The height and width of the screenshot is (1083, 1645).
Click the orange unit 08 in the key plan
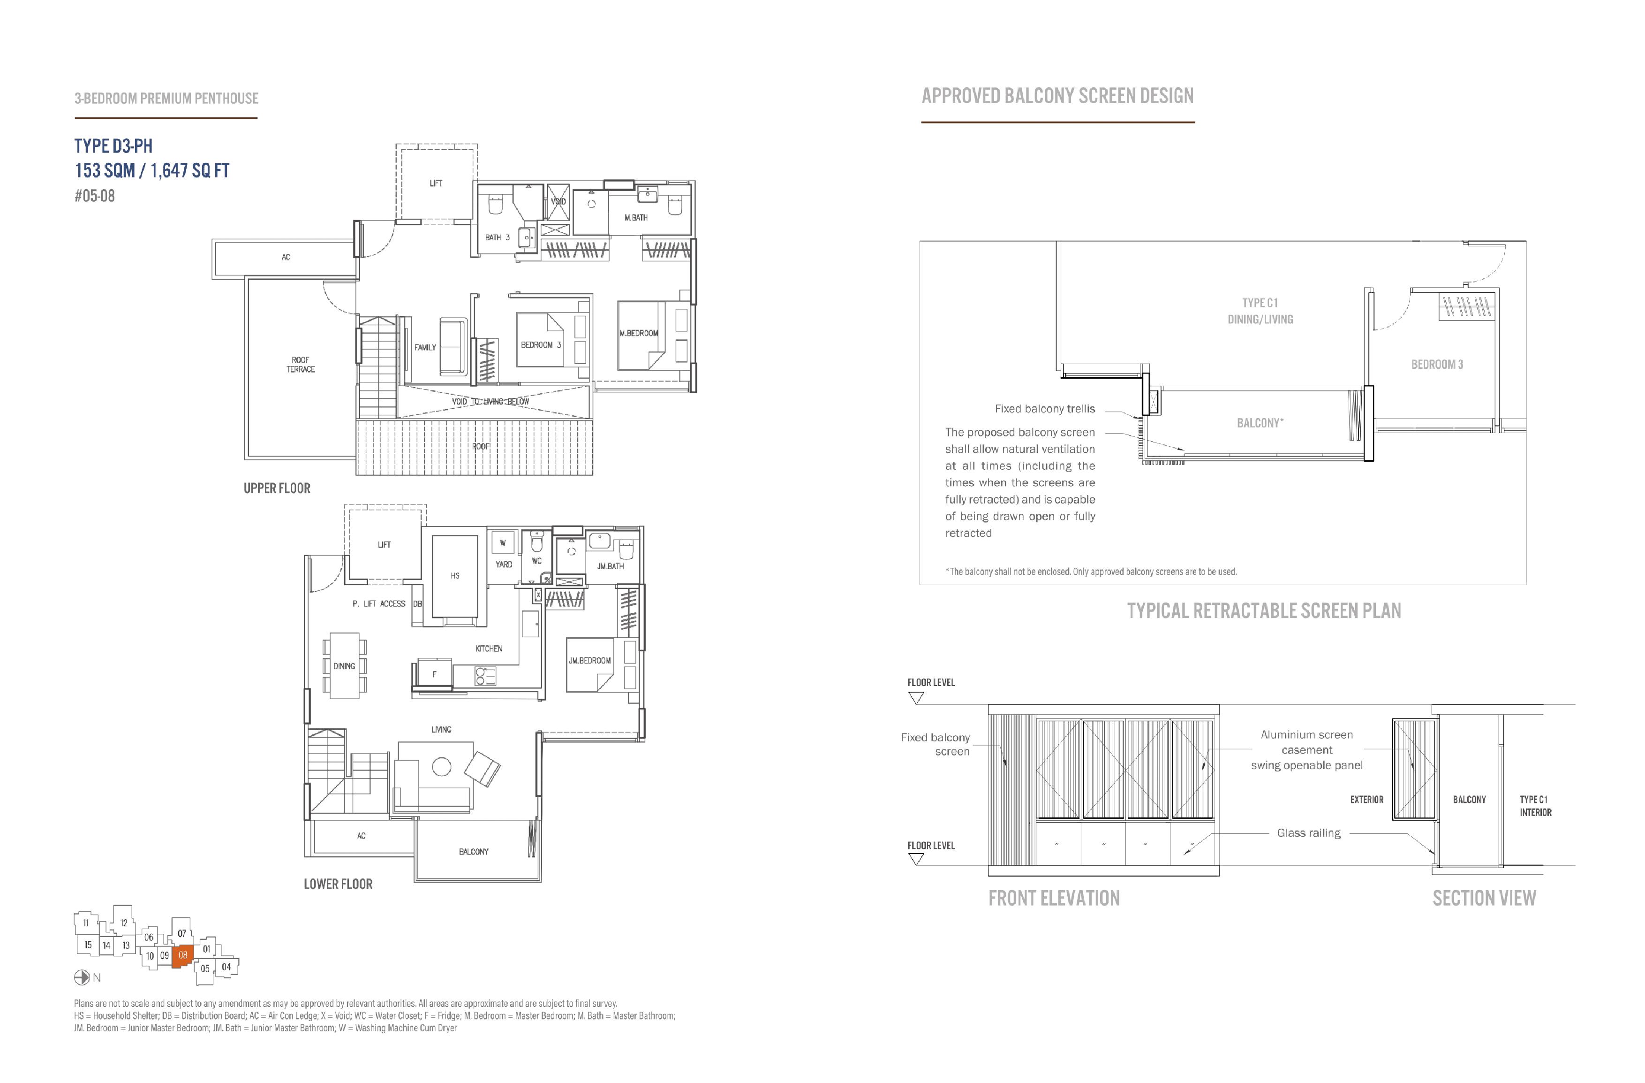pos(182,956)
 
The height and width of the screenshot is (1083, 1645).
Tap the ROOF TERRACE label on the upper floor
pos(301,365)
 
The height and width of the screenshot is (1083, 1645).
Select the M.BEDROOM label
pos(639,333)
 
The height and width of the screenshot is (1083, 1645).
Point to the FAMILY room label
pos(425,347)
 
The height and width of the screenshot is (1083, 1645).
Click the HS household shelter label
pos(455,575)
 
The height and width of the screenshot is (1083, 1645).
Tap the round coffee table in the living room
pos(442,766)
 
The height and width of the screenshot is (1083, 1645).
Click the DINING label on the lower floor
pos(344,666)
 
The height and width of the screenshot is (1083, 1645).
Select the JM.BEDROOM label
pos(589,660)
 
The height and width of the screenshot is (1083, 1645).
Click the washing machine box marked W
pos(503,543)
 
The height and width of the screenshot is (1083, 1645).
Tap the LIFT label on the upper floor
pos(436,183)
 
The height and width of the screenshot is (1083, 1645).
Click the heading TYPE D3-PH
pos(113,146)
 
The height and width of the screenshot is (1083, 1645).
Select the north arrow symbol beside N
pos(82,977)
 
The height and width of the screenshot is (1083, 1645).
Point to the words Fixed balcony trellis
pos(1045,409)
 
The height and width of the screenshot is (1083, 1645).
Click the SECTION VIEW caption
pos(1484,898)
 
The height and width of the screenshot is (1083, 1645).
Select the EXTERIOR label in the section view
pos(1366,800)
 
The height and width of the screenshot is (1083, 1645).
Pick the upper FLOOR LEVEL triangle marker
pos(916,699)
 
